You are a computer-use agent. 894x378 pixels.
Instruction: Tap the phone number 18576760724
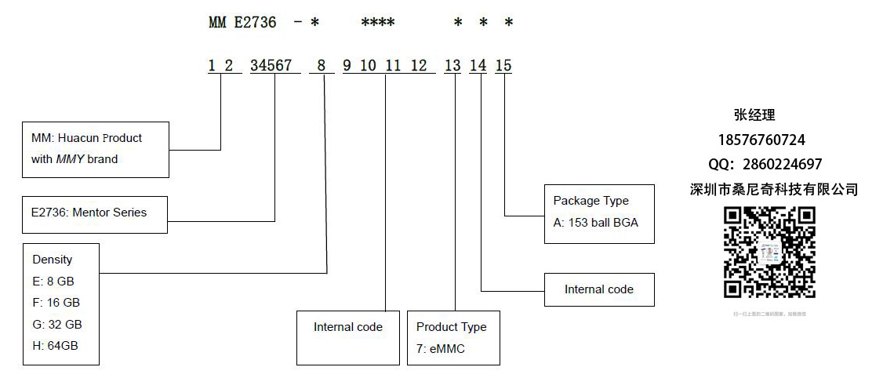tap(761, 140)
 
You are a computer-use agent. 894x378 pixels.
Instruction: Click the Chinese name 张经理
tap(754, 115)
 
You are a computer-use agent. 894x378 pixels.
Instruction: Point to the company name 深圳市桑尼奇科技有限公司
tap(774, 190)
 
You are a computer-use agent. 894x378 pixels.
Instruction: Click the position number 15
tap(503, 66)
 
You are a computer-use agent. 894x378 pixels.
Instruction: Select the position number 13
tap(452, 66)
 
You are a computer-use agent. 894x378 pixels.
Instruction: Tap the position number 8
tap(321, 66)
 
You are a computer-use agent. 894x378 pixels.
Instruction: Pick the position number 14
tap(478, 66)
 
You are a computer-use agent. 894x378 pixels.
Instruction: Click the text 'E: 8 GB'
tap(53, 281)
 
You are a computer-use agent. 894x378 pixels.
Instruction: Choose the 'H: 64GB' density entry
tap(55, 345)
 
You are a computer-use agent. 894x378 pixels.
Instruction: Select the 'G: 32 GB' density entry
tap(57, 324)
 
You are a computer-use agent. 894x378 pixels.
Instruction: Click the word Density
tap(53, 260)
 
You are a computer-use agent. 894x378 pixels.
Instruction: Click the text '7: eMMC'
tap(441, 348)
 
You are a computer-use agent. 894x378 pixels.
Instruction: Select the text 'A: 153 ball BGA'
tap(596, 222)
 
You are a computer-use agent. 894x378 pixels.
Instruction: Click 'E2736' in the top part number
tap(255, 23)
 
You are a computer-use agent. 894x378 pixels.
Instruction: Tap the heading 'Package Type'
tap(591, 201)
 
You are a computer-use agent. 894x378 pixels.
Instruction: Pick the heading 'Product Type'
tap(452, 327)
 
